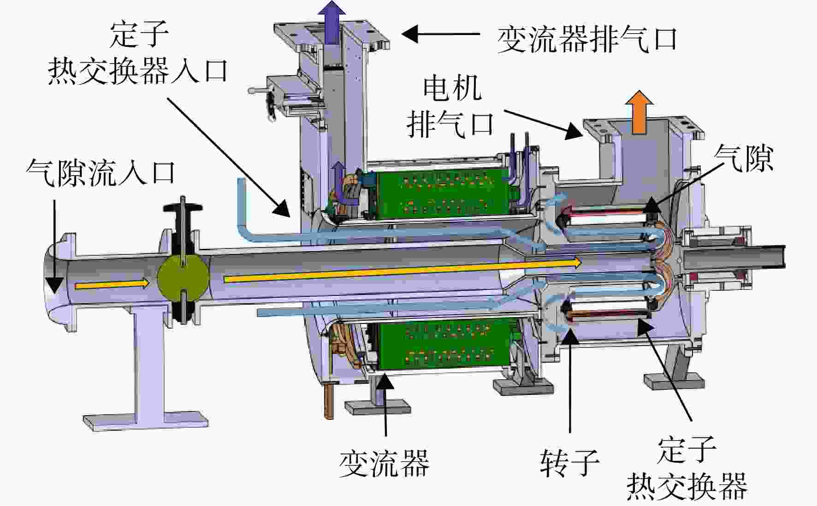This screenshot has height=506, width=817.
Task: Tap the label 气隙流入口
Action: (x=101, y=173)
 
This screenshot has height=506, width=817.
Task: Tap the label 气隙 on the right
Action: (x=743, y=158)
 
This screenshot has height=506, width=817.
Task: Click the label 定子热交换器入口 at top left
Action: (x=138, y=54)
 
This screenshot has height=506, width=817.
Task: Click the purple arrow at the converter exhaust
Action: (x=333, y=22)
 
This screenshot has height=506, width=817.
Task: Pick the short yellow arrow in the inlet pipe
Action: (x=112, y=285)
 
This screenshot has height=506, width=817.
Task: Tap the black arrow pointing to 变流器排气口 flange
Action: (x=441, y=34)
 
